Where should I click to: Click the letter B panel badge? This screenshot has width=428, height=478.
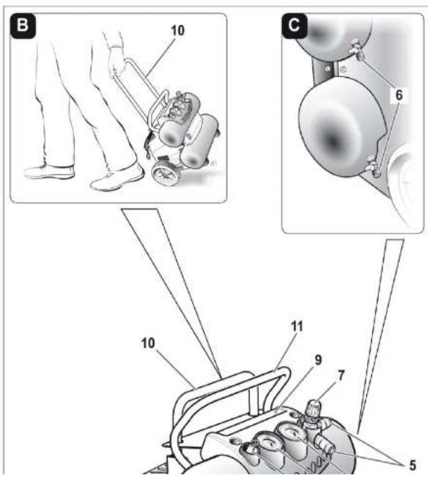coord(23,26)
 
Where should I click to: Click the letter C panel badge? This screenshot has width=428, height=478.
coord(295,26)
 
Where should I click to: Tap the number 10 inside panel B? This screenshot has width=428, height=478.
coord(177,31)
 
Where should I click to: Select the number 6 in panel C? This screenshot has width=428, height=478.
coord(399,95)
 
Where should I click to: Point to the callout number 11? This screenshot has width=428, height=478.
coord(298,327)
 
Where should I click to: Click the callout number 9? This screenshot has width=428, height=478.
coord(318,360)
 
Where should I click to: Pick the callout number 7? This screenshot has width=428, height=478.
coord(341,376)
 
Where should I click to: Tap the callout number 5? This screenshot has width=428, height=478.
coord(412,466)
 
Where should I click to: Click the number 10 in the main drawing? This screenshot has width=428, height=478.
coord(148,343)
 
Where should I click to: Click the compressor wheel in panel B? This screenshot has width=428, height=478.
coord(166,173)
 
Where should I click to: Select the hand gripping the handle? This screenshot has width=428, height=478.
coord(117,62)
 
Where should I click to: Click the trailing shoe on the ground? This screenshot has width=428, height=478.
coord(49,172)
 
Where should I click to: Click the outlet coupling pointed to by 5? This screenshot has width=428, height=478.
coord(325,446)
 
